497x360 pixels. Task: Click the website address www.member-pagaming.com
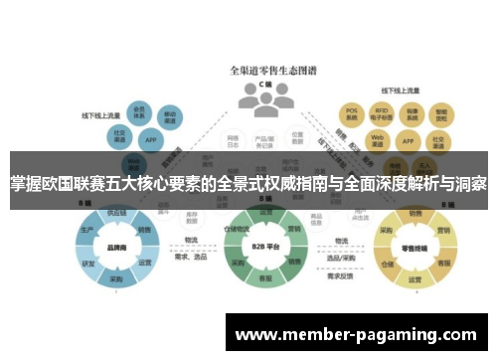(x=356, y=335)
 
